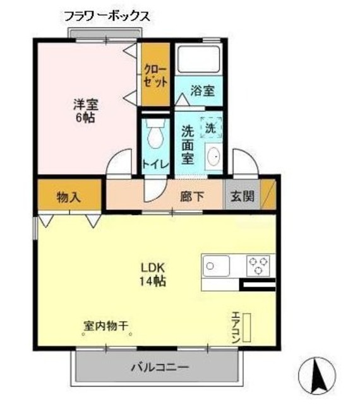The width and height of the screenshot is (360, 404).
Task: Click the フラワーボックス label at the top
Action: [106, 17]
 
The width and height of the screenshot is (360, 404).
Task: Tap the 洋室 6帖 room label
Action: [83, 110]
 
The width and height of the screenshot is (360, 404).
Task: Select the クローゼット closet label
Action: [155, 74]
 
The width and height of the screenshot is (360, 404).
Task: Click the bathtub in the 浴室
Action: [198, 60]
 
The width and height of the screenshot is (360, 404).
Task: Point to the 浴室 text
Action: [202, 90]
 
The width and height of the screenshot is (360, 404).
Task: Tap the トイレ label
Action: [155, 163]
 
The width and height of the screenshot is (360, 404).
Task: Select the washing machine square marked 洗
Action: [210, 127]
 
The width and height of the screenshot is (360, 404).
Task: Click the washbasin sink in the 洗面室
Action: [213, 155]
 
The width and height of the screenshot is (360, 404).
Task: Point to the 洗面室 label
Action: [188, 145]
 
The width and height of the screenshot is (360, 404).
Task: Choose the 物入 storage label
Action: [68, 196]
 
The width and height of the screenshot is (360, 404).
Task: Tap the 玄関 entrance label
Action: [243, 196]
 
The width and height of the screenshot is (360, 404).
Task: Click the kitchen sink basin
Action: [217, 265]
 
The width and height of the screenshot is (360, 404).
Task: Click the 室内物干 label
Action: [106, 326]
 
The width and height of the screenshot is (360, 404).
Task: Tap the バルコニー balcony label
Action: [160, 366]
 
